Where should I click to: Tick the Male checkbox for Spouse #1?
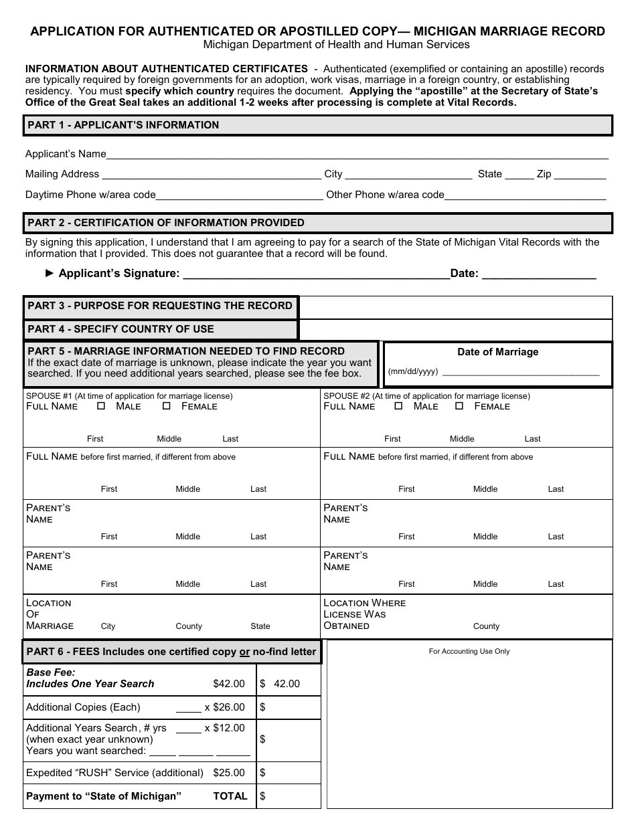[x=102, y=406]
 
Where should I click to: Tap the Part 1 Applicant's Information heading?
[x=123, y=125]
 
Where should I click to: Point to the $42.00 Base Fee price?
[x=229, y=684]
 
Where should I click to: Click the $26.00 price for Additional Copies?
[x=229, y=707]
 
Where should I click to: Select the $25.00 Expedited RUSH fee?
[x=229, y=773]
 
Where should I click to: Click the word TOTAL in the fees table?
[x=230, y=796]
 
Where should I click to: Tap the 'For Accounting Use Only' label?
[x=469, y=651]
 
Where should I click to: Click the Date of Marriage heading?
[x=497, y=352]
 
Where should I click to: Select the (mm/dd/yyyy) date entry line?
[x=520, y=373]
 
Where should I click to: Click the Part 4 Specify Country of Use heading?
[x=121, y=329]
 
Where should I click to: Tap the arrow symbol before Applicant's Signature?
[x=50, y=273]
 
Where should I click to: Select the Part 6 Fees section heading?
[x=171, y=652]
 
